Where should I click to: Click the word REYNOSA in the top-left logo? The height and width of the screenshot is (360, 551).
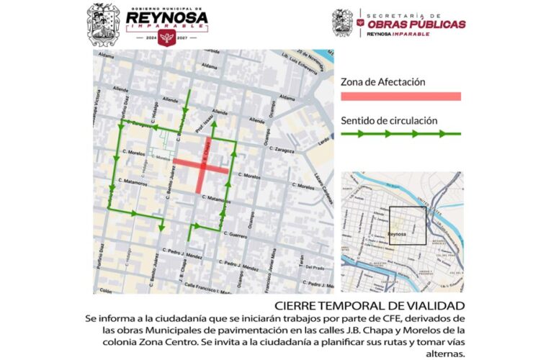click(x=166, y=17)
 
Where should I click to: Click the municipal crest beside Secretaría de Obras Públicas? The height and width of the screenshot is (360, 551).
click(x=342, y=22)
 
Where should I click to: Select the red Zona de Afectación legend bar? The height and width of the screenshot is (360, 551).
click(x=400, y=96)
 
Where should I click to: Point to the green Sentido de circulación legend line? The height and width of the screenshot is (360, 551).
click(x=400, y=133)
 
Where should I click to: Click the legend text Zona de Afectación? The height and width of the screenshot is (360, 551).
click(x=383, y=82)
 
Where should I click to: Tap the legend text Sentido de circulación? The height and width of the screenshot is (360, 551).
click(x=389, y=120)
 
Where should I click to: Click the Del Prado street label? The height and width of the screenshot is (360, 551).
click(x=315, y=267)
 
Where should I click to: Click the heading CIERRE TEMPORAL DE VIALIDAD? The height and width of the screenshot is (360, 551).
click(x=364, y=305)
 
